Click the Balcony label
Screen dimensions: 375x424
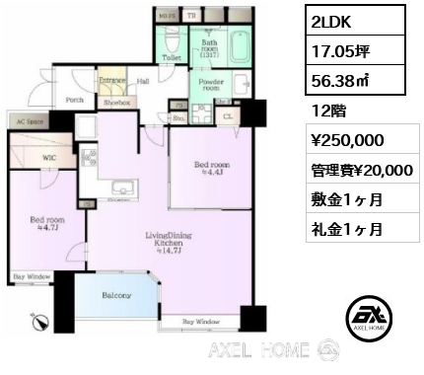pos(117,294)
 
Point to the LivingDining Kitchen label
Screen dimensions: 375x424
pos(135,240)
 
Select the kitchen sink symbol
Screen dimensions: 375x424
pos(120,188)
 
